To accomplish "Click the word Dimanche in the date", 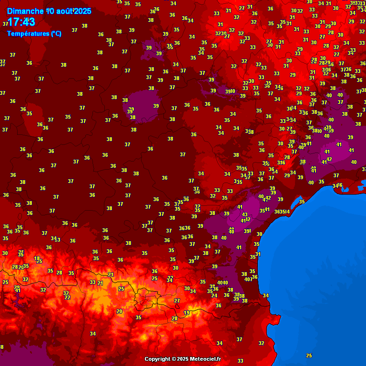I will tap(26, 11).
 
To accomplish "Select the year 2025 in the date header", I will tap(82, 11).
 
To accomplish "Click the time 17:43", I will tap(21, 22).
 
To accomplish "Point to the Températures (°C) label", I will tap(34, 33).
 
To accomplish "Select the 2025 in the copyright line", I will tap(182, 359).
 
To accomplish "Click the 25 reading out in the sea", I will tap(309, 356).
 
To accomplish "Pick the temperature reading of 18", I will tap(37, 258).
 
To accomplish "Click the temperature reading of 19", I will tap(187, 313).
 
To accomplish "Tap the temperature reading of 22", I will tap(67, 297).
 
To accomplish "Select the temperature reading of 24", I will tap(214, 295).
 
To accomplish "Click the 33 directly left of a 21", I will tap(92, 282).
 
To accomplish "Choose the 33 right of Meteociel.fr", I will tap(240, 361).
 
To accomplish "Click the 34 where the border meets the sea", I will tap(265, 295).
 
